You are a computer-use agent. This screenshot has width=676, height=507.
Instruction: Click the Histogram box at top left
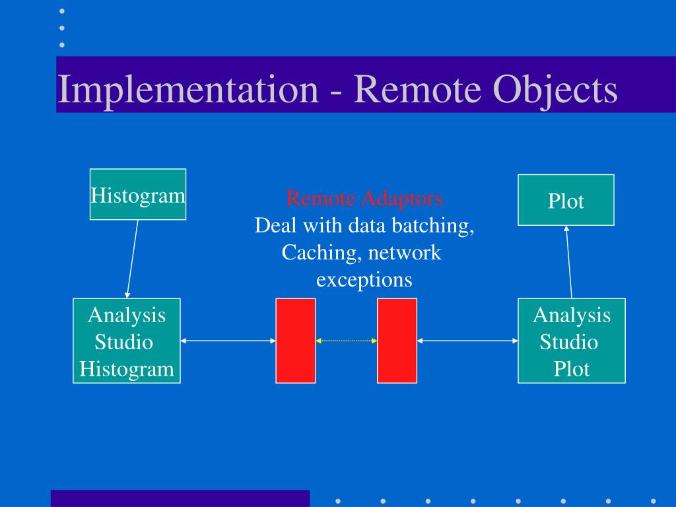138,194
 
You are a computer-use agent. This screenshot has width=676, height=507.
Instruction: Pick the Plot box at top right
566,200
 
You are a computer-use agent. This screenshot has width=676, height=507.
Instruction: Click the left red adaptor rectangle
295,341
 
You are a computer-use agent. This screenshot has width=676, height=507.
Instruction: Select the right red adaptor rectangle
397,341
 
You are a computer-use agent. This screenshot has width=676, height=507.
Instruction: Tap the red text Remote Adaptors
364,198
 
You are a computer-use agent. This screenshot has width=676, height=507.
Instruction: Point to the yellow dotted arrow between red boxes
347,341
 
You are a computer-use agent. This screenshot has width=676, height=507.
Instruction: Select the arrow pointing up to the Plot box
569,261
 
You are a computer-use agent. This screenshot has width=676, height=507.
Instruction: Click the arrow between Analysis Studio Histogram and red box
228,341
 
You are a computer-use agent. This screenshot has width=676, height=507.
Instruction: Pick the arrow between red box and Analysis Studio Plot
467,341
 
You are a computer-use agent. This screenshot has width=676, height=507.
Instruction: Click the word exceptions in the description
364,280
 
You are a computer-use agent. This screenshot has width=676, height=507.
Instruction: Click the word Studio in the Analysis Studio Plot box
569,342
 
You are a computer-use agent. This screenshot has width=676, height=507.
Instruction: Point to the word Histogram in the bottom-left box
127,369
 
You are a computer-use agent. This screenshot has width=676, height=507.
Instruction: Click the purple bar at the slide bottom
180,498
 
